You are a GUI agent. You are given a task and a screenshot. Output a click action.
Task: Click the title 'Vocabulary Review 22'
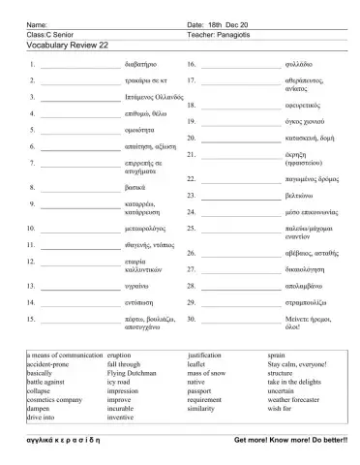68,45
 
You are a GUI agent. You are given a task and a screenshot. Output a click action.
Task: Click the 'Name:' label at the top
36,23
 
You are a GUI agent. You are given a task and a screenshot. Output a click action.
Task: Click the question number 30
192,318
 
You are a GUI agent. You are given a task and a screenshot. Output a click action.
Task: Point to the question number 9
33,204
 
